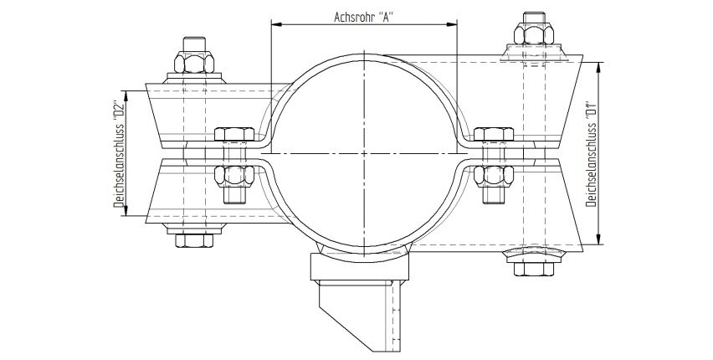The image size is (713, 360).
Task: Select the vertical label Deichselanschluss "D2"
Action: click(119, 152)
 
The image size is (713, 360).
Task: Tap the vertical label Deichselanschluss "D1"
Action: click(591, 152)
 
